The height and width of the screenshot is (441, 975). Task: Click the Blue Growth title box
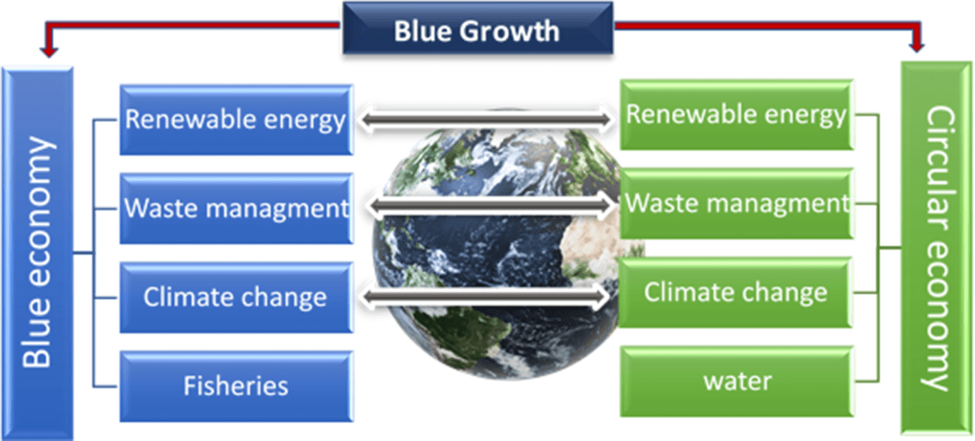coord(478,28)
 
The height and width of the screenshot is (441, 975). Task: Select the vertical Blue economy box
coord(37,253)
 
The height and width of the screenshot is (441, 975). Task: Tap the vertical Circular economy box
coord(936,248)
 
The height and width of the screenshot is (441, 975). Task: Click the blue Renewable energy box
coord(236,119)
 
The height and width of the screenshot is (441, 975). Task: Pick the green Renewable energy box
coord(736,115)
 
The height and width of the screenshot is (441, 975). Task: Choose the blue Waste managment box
coord(236,209)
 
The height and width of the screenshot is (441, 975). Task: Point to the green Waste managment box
coord(736,204)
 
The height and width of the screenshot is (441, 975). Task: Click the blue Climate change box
coord(236,297)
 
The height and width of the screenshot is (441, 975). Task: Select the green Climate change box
coord(735,292)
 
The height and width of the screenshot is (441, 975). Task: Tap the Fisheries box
coord(236,387)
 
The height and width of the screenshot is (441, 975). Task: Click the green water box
coord(736,382)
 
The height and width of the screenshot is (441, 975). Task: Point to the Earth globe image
coord(500,248)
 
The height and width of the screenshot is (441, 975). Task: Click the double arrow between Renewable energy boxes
coord(486,119)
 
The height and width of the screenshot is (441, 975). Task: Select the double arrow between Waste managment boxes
coord(492,205)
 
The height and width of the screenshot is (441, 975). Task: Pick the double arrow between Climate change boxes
coord(485,296)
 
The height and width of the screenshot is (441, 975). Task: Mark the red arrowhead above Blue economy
coord(49,51)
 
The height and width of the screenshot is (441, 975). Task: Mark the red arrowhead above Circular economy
coord(916,46)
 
